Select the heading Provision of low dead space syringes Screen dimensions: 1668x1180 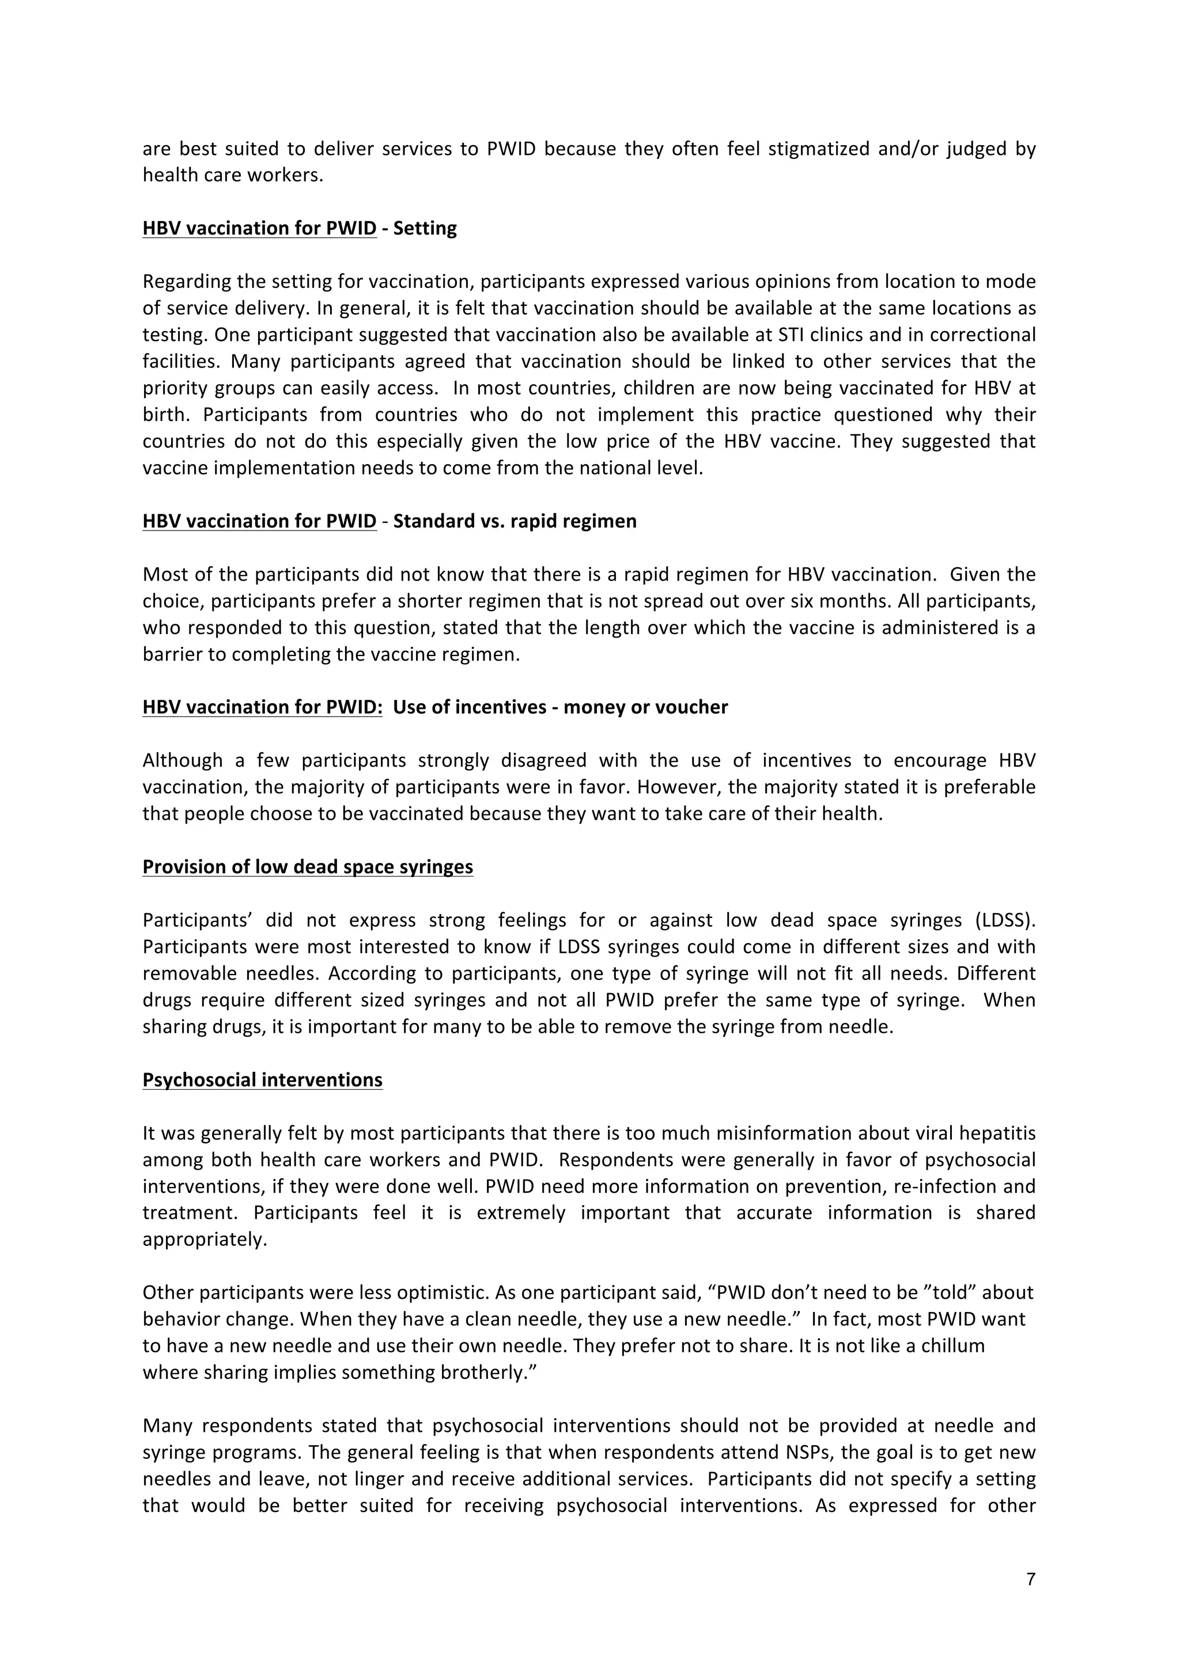tap(307, 867)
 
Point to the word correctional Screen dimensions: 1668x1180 tap(982, 335)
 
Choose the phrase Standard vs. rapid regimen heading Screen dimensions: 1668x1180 tap(515, 521)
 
